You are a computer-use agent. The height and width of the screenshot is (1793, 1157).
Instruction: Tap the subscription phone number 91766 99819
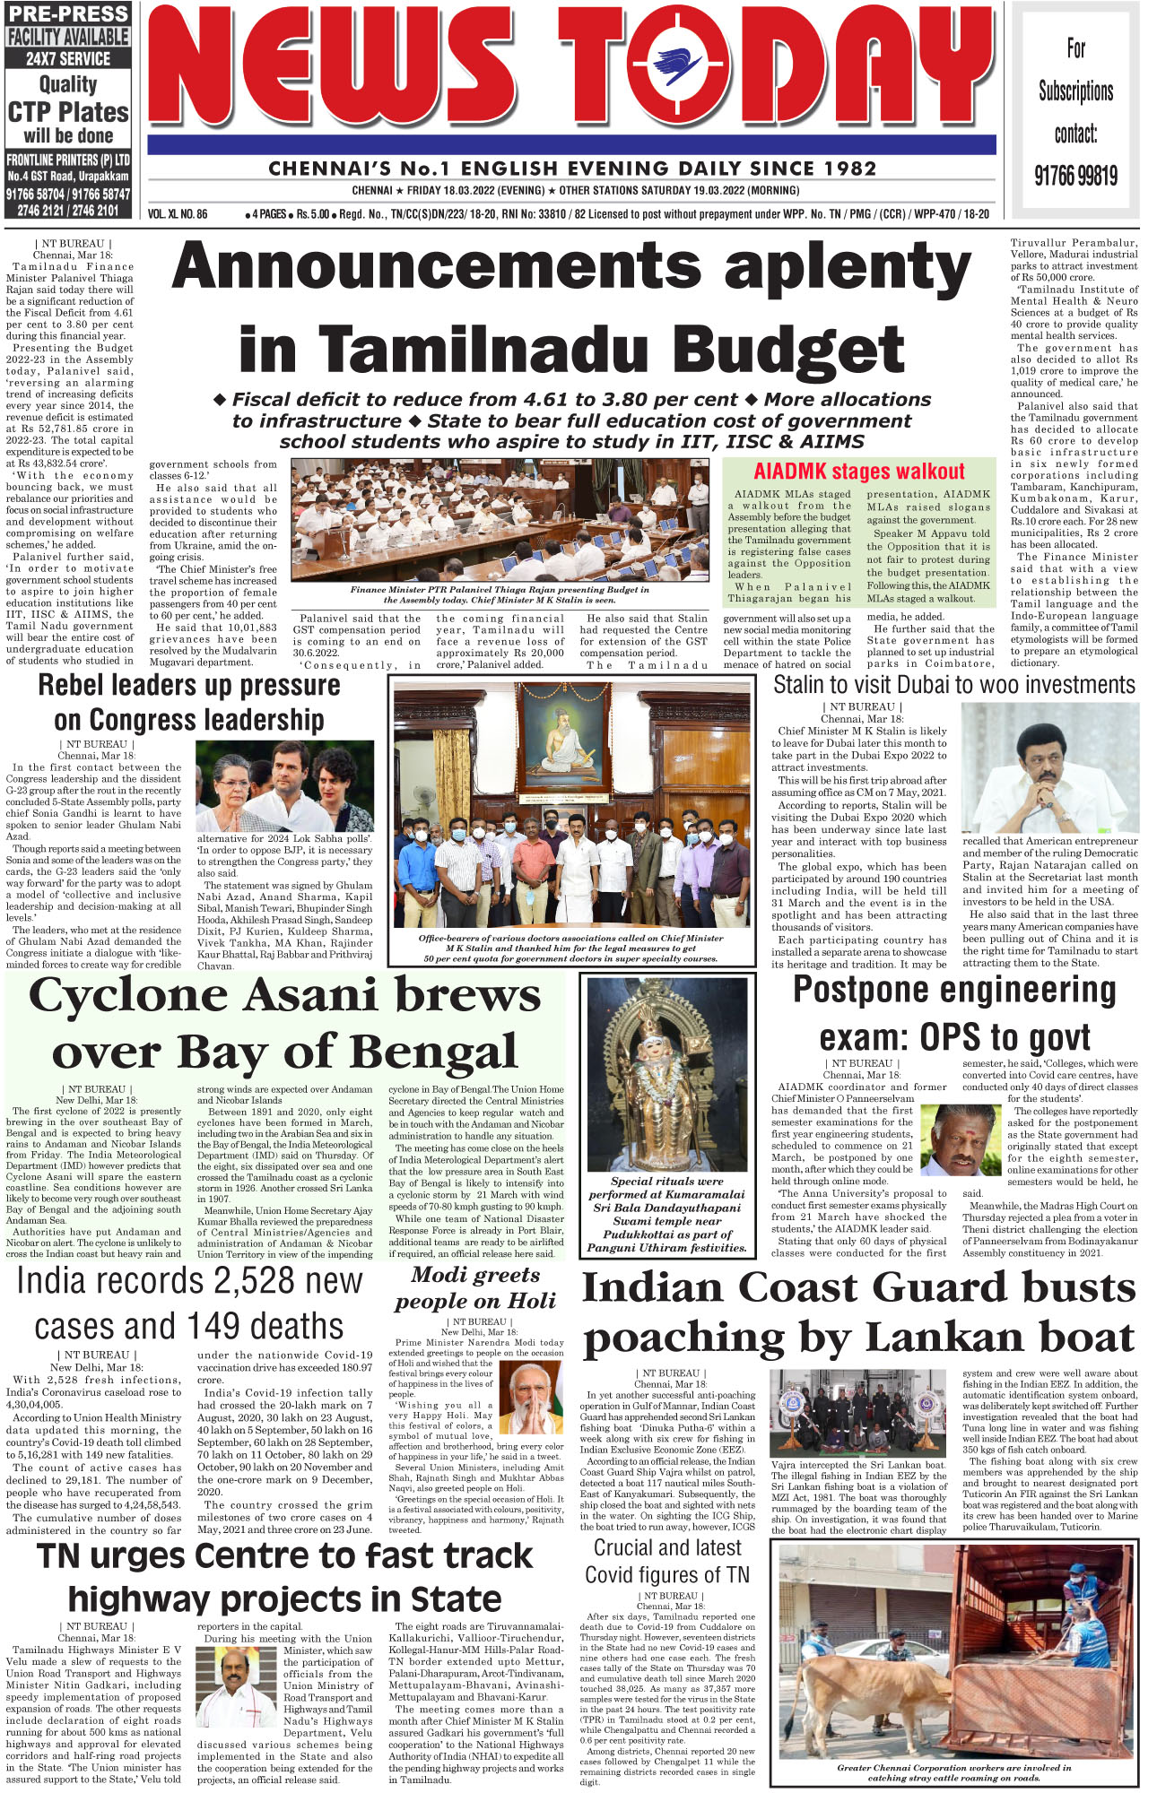[1075, 175]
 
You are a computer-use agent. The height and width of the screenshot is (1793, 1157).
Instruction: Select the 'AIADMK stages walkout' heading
[858, 472]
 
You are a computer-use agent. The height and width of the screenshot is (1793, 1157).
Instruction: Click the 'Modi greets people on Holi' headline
[475, 1288]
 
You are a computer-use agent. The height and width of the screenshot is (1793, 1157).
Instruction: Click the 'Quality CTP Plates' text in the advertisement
[68, 100]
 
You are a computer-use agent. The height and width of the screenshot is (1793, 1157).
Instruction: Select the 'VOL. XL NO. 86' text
[178, 214]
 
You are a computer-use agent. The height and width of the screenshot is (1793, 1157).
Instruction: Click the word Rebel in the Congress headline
[77, 686]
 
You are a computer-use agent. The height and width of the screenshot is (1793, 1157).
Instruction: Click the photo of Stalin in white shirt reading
[1049, 767]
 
